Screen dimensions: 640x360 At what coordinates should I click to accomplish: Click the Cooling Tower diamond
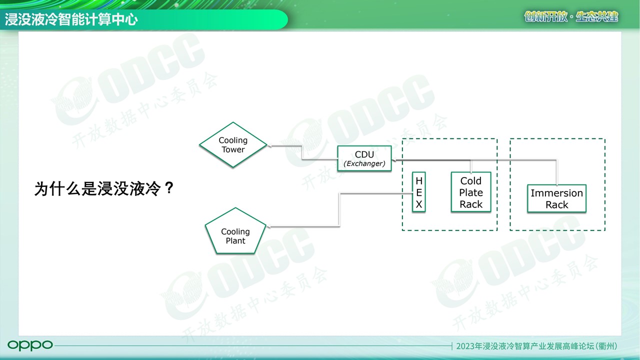pyautogui.click(x=233, y=145)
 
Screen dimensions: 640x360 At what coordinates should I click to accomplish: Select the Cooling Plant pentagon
pyautogui.click(x=235, y=231)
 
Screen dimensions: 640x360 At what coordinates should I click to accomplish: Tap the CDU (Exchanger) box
pyautogui.click(x=364, y=158)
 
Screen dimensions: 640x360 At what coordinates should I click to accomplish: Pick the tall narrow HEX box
pyautogui.click(x=419, y=192)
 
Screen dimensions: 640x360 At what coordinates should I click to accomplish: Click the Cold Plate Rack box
pyautogui.click(x=471, y=192)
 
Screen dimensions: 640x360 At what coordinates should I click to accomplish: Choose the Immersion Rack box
pyautogui.click(x=556, y=198)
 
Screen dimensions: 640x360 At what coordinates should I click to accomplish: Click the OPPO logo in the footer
pyautogui.click(x=30, y=345)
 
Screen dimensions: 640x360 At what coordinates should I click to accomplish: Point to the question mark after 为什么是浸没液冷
pyautogui.click(x=169, y=188)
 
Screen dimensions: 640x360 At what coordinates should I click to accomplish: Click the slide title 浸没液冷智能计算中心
pyautogui.click(x=71, y=19)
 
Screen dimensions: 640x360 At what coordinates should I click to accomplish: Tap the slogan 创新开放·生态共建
pyautogui.click(x=571, y=17)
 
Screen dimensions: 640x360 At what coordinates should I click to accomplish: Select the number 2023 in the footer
pyautogui.click(x=465, y=346)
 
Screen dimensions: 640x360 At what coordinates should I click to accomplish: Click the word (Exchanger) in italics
pyautogui.click(x=364, y=163)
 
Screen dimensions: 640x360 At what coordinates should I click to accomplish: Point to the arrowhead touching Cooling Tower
pyautogui.click(x=269, y=145)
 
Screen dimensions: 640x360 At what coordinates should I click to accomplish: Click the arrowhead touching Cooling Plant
pyautogui.click(x=268, y=227)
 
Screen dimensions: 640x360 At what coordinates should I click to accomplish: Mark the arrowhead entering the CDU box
pyautogui.click(x=394, y=160)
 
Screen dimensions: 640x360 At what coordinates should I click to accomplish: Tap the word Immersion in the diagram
pyautogui.click(x=556, y=193)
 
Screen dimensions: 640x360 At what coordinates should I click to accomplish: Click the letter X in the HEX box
pyautogui.click(x=419, y=204)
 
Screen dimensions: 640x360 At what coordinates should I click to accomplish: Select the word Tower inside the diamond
pyautogui.click(x=233, y=149)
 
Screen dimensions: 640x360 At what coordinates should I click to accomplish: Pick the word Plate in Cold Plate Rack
pyautogui.click(x=471, y=192)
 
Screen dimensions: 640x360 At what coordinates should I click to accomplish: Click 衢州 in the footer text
pyautogui.click(x=605, y=346)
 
